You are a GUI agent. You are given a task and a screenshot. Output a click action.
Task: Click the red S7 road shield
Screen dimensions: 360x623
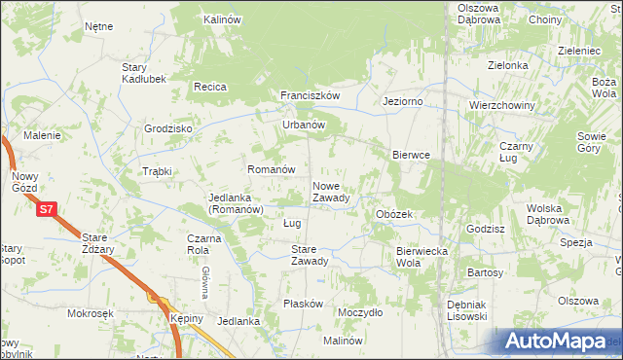(x=46, y=208)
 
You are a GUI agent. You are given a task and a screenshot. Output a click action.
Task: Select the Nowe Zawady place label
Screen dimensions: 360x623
(x=331, y=192)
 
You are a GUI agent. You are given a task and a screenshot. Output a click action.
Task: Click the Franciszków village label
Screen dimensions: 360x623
(x=310, y=95)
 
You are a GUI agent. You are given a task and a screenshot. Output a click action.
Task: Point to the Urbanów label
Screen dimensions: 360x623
(x=303, y=125)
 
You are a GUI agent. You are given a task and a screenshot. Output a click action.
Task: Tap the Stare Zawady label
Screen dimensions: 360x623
(x=310, y=255)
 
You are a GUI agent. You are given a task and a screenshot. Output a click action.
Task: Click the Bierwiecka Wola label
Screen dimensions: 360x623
(x=421, y=257)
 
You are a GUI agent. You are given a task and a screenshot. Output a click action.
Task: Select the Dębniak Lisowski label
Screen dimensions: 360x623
(x=466, y=310)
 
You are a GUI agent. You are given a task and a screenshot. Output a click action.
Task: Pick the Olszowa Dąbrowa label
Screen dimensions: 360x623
(x=479, y=14)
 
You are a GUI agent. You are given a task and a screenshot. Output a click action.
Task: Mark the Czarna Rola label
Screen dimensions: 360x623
(x=199, y=244)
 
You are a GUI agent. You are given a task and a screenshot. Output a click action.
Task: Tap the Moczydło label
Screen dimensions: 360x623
(x=359, y=312)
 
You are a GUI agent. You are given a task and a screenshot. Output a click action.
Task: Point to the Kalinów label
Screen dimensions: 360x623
(x=222, y=19)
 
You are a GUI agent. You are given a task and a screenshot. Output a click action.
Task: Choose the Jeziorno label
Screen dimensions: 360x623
(x=402, y=100)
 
